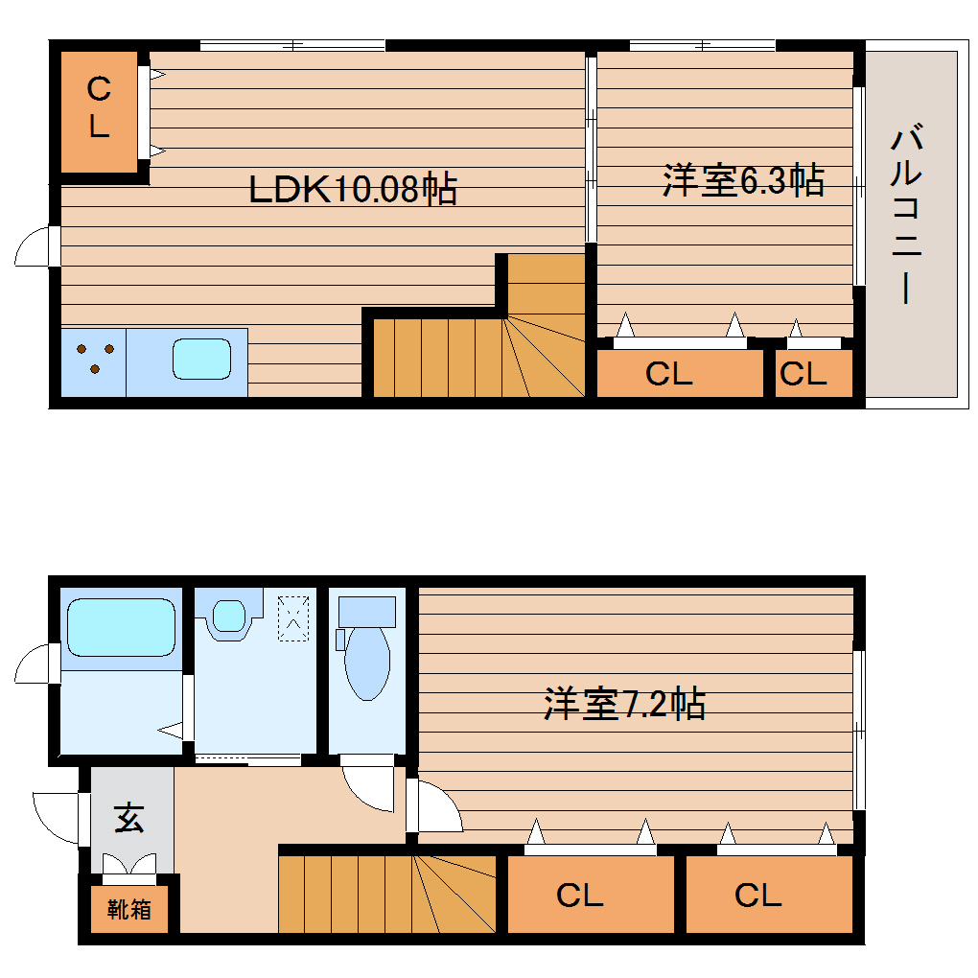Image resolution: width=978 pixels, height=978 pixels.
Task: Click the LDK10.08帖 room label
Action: point(352,189)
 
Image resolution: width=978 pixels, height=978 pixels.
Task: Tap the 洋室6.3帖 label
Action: point(743,180)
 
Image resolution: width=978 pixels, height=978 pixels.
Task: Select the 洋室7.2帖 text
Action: point(625,705)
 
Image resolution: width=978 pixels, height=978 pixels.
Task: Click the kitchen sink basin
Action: point(201,359)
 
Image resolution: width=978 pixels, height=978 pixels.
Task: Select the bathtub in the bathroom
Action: point(121,627)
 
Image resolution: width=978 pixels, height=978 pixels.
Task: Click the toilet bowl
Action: point(366,662)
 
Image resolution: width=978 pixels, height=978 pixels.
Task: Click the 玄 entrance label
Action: point(129,820)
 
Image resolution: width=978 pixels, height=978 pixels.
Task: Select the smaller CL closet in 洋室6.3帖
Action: point(803,374)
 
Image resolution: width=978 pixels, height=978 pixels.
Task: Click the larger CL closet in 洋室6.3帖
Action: point(669,374)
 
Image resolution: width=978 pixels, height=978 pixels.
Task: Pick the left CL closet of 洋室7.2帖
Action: point(580,896)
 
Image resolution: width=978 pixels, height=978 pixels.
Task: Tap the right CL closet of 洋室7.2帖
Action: point(757,896)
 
